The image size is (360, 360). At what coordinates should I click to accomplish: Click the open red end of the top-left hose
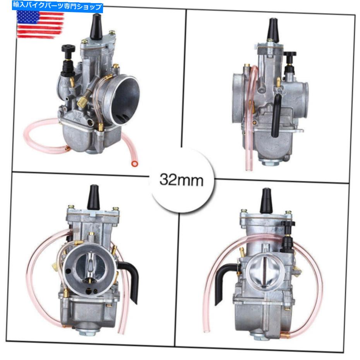tap(134, 164)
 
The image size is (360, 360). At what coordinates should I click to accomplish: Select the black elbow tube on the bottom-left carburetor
tap(130, 279)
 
